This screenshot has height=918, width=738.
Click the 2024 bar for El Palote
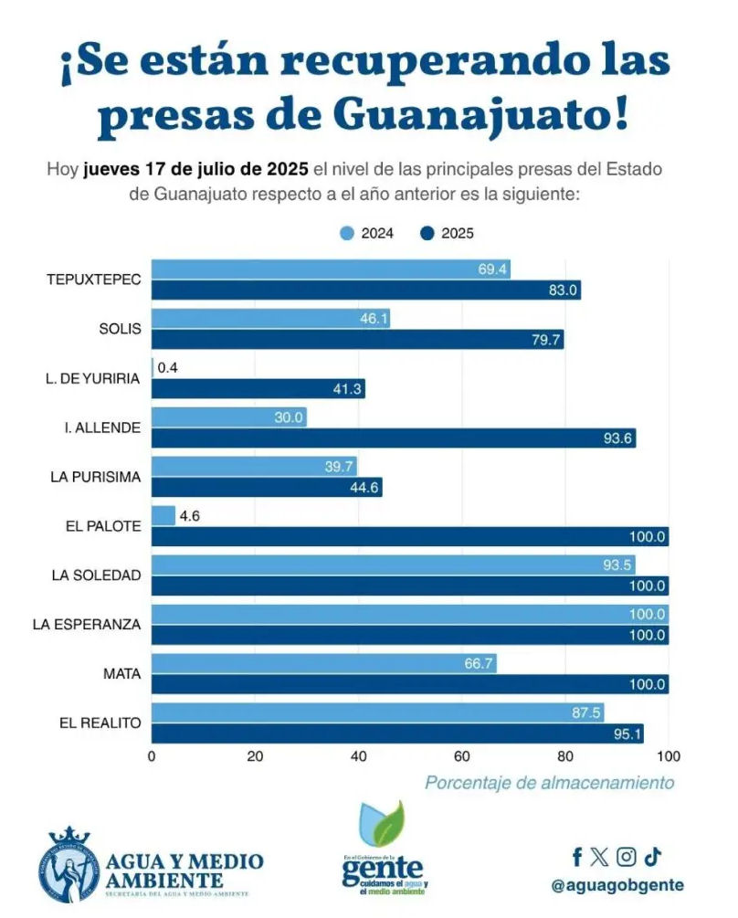pos(163,516)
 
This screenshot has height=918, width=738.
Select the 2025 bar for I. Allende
pos(393,438)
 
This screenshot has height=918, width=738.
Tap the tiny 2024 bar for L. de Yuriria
pos(153,368)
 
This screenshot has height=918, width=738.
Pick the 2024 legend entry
pos(366,234)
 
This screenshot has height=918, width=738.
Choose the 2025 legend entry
pos(447,234)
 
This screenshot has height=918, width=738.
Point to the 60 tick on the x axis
pos(462,756)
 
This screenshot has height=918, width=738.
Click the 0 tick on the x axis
pos(152,756)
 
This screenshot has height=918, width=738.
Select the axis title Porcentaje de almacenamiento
pos(549,783)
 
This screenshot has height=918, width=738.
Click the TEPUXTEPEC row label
pos(93,280)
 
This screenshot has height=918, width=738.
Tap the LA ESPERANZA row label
pos(87,625)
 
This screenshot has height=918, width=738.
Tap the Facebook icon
pos(577,857)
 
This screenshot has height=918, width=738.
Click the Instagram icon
pos(626,857)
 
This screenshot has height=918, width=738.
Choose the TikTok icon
pos(652,857)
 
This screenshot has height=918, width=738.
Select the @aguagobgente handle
pos(617,885)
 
